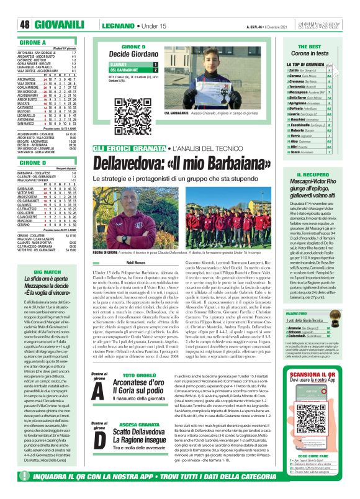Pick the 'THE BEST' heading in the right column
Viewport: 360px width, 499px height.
click(326, 47)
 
